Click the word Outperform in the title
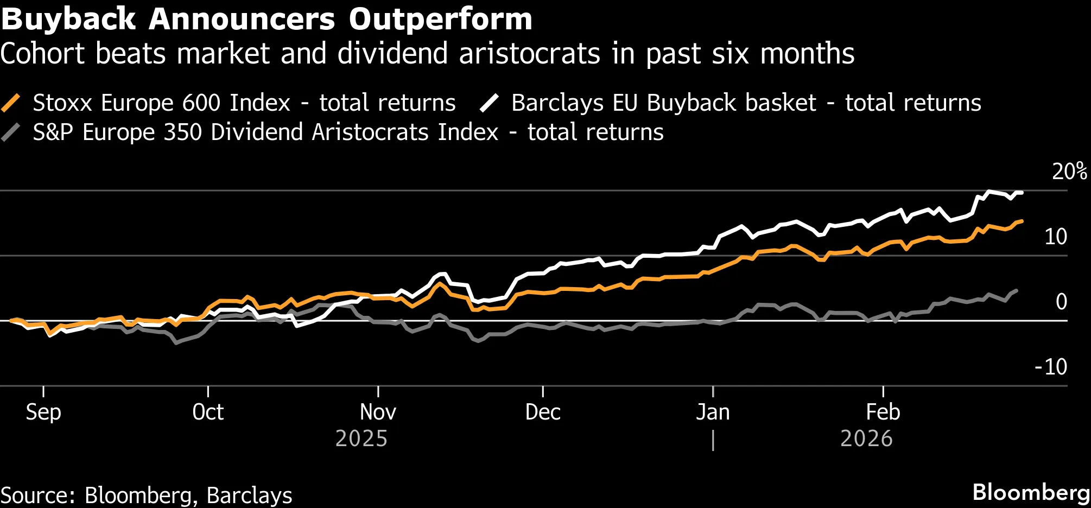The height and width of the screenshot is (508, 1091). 440,20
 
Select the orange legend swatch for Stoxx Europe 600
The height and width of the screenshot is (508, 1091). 11,103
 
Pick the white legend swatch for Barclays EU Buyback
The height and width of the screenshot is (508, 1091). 489,103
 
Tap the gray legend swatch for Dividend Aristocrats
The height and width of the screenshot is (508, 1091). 11,132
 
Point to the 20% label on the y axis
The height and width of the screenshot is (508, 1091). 1069,172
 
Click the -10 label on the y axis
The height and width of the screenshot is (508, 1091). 1051,367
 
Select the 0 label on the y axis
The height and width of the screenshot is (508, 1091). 1061,302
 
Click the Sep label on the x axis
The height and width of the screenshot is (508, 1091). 43,412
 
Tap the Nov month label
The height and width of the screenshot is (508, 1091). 378,412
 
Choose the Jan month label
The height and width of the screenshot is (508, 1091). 713,412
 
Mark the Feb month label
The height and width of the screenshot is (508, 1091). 883,412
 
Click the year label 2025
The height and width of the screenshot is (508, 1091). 361,439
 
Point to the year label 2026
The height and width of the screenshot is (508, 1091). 866,439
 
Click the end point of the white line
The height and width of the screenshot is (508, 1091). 1022,193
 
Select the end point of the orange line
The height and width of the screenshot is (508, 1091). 1022,221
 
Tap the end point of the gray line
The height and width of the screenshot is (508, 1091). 1016,291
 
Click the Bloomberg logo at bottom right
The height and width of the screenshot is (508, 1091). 1031,493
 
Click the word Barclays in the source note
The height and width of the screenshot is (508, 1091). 249,496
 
